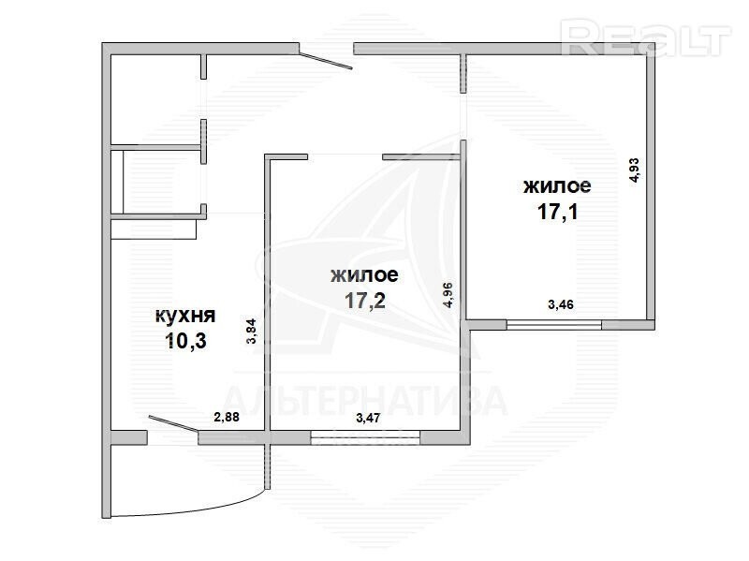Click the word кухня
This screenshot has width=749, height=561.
click(185, 316)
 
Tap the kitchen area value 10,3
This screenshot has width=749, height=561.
click(185, 341)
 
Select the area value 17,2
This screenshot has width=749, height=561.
click(365, 301)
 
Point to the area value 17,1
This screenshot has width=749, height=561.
click(557, 212)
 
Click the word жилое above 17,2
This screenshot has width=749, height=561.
click(364, 274)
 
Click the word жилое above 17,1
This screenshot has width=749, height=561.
click(557, 185)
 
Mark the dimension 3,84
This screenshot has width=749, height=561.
click(251, 332)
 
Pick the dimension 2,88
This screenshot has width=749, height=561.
click(227, 417)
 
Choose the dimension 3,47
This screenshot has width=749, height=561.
click(368, 418)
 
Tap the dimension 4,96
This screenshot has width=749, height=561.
click(448, 295)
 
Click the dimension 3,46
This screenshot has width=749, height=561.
click(561, 304)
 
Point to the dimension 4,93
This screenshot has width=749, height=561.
click(635, 170)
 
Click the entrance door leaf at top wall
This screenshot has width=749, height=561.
click(326, 61)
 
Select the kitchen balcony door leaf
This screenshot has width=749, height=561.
click(173, 424)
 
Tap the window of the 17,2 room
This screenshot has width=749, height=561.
click(365, 437)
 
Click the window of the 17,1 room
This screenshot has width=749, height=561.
click(554, 325)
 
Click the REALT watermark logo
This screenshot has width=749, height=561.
click(646, 37)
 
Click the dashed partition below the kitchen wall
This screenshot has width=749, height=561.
click(268, 466)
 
